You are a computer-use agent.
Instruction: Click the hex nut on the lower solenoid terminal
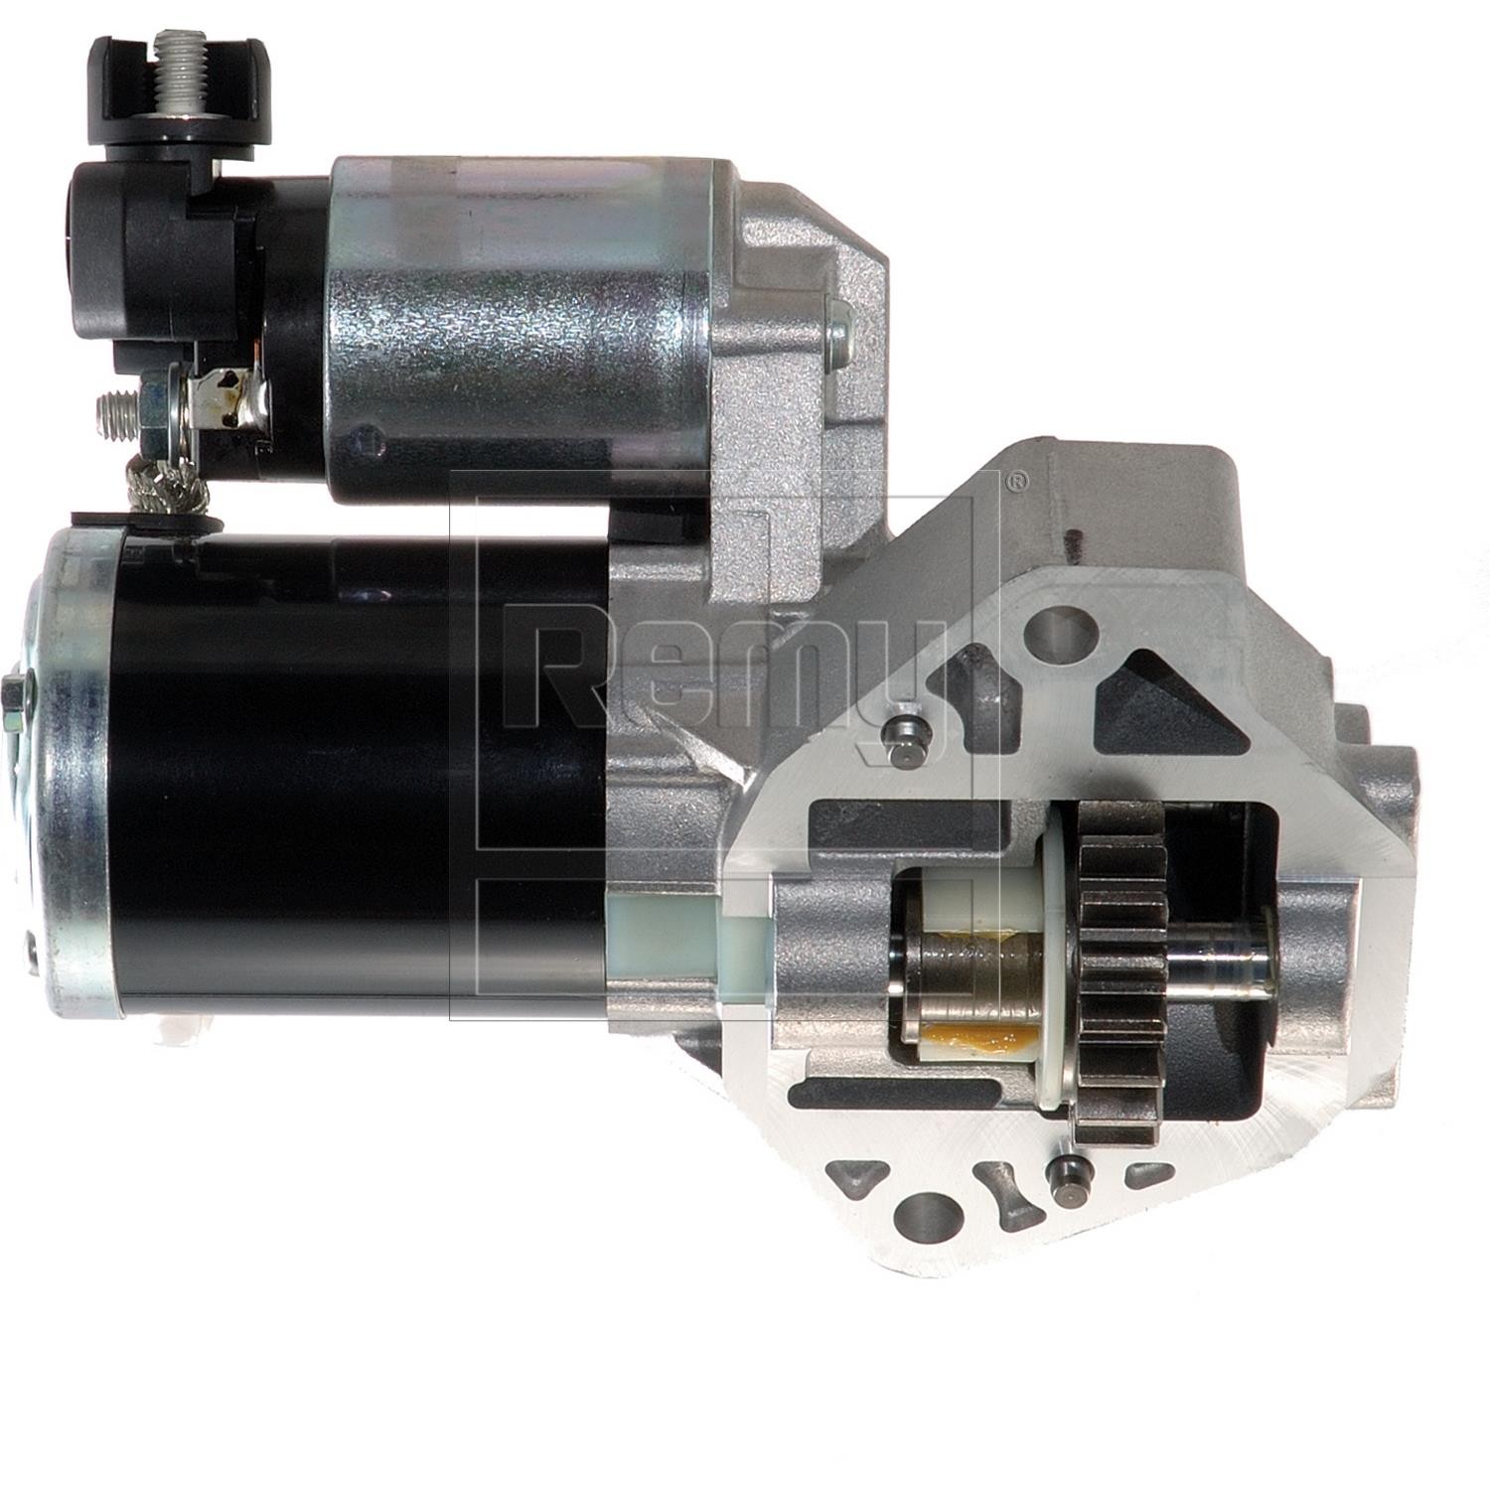(x=155, y=407)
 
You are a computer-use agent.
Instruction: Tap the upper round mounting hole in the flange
(x=1060, y=628)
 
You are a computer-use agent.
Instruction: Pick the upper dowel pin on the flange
(x=905, y=735)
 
